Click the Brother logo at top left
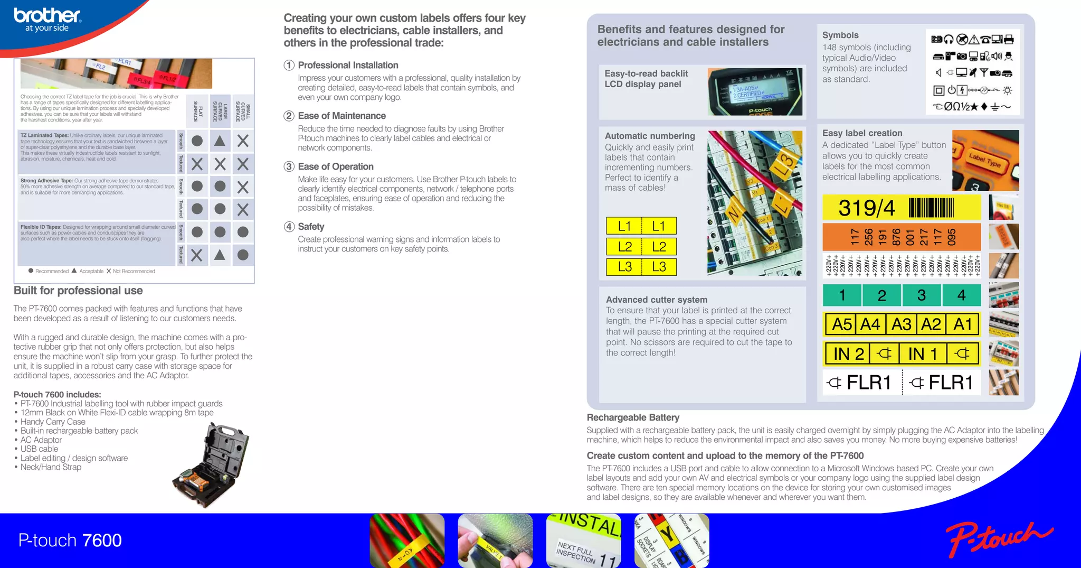(47, 20)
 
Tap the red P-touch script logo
(998, 538)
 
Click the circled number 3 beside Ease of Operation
(289, 166)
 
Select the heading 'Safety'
(311, 227)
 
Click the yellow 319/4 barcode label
(901, 208)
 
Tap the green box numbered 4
(961, 295)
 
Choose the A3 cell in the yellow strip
(901, 324)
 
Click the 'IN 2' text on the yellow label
(848, 353)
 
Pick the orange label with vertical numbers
(901, 237)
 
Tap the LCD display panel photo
(755, 92)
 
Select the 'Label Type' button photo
(985, 160)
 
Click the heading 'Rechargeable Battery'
(633, 417)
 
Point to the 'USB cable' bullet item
(39, 449)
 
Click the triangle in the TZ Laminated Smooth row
(220, 141)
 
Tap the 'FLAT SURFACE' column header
(197, 111)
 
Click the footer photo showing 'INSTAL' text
(583, 540)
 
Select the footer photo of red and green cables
(407, 540)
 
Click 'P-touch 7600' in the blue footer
(70, 540)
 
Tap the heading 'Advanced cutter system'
(656, 300)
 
